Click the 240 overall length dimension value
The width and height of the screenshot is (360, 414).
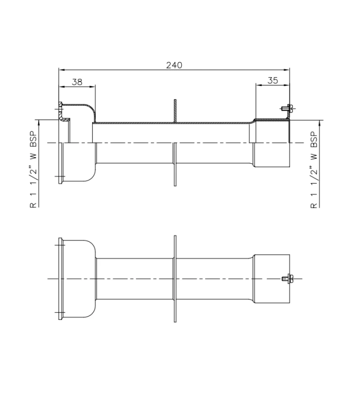(x=174, y=65)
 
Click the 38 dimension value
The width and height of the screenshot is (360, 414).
(x=77, y=81)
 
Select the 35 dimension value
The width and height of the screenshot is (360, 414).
(x=273, y=81)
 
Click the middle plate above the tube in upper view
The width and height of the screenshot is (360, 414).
(x=175, y=111)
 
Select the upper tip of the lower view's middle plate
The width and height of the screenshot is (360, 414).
(x=175, y=237)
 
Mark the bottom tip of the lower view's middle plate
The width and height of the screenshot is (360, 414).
(x=175, y=320)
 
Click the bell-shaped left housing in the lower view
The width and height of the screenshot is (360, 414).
(x=79, y=279)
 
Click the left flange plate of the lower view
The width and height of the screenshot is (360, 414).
(x=61, y=279)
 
